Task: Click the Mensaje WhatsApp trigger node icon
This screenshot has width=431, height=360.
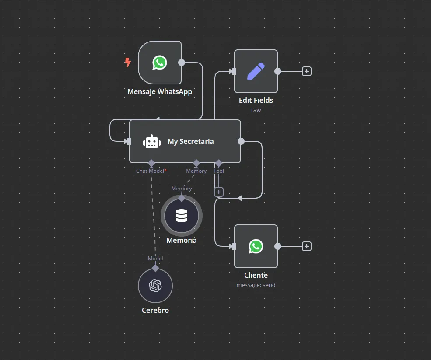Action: (x=160, y=63)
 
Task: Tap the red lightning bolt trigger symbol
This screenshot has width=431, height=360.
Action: (x=128, y=63)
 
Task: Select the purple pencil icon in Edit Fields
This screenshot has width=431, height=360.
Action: (x=256, y=71)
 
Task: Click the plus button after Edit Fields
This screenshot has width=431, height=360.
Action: (x=307, y=71)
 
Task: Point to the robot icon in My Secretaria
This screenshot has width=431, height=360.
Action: (x=151, y=142)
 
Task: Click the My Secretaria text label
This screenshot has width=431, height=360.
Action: (x=190, y=142)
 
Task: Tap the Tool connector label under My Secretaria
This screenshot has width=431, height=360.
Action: (x=219, y=171)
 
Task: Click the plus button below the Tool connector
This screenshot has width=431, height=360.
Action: (x=219, y=192)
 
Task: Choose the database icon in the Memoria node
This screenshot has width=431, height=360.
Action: (x=182, y=216)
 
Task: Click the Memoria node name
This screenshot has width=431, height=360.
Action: (x=182, y=240)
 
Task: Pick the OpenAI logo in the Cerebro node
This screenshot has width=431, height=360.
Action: (x=155, y=286)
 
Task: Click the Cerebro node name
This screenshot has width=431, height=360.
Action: (x=155, y=310)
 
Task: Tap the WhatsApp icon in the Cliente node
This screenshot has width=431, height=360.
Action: (x=256, y=246)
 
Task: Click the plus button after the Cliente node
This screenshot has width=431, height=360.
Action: (x=307, y=246)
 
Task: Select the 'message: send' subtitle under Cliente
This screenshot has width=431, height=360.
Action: (x=256, y=285)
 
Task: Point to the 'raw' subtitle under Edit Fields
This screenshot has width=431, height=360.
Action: (x=256, y=110)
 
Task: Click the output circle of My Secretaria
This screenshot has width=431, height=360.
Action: (x=241, y=141)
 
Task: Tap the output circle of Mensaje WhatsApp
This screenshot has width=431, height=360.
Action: (x=182, y=63)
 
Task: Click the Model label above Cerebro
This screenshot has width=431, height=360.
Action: (x=155, y=259)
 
